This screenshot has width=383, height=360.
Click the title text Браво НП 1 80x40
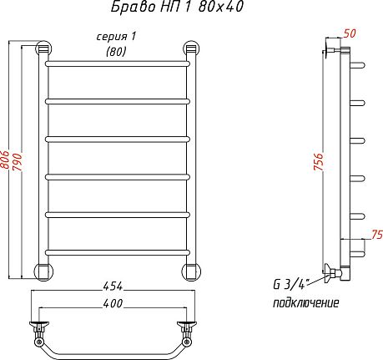pyautogui.click(x=177, y=7)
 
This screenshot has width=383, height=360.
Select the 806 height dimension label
pyautogui.click(x=5, y=160)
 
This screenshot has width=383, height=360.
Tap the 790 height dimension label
pyautogui.click(x=18, y=162)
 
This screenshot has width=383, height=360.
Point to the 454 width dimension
pyautogui.click(x=113, y=286)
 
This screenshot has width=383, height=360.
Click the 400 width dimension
pyautogui.click(x=113, y=303)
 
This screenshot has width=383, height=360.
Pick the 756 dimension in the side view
pyautogui.click(x=319, y=161)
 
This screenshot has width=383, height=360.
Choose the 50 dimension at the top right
pyautogui.click(x=350, y=33)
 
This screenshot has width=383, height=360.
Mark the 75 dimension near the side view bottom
pyautogui.click(x=377, y=235)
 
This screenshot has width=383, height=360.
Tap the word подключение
pyautogui.click(x=306, y=302)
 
